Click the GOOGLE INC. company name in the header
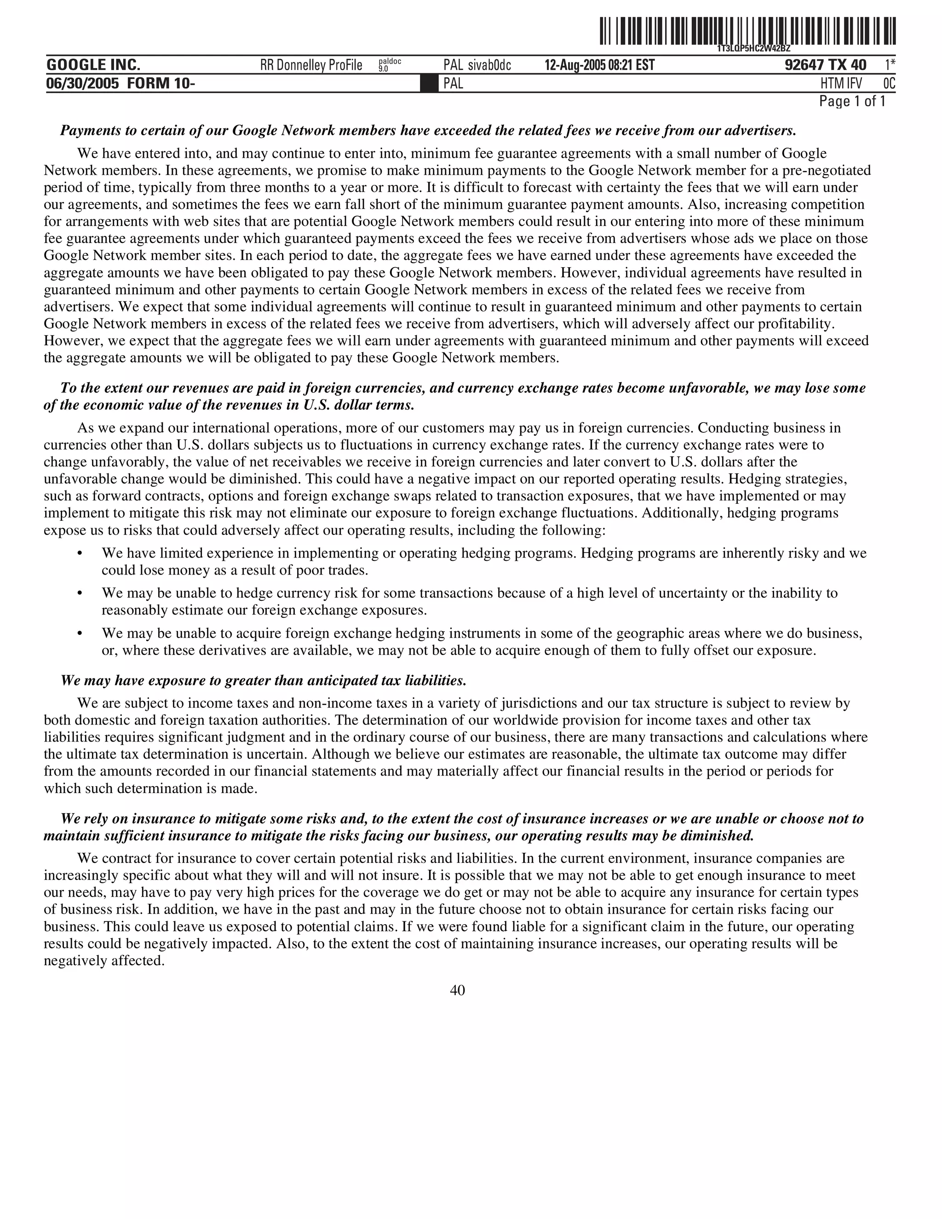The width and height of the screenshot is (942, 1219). [93, 65]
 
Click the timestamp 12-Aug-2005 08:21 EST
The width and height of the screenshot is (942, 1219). [599, 65]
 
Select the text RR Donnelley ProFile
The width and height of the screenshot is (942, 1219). [311, 65]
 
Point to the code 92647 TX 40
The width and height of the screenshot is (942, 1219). [825, 65]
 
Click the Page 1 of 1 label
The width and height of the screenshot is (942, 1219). [851, 102]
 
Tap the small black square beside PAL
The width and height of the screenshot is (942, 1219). [429, 84]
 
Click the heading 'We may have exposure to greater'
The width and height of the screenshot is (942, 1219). [263, 680]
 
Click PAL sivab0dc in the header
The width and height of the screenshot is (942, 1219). [477, 65]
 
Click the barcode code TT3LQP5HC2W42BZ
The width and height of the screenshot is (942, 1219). [753, 49]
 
